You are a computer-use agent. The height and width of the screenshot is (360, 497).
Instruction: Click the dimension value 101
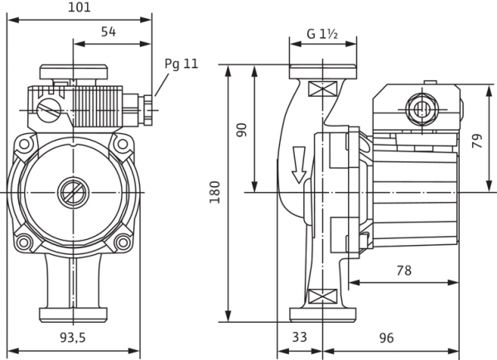79,7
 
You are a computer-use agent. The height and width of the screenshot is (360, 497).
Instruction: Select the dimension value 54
107,31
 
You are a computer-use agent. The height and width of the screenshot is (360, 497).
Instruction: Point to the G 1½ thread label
322,34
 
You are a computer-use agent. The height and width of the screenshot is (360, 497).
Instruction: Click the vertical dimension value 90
242,129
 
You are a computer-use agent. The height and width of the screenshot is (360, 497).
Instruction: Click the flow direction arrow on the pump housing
298,166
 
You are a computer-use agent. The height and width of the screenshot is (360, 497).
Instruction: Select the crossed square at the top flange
321,89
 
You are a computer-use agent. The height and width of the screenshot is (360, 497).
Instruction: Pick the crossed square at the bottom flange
321,296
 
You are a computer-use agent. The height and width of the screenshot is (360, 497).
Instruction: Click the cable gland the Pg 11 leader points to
147,107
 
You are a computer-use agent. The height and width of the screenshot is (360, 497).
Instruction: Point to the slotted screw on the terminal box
49,108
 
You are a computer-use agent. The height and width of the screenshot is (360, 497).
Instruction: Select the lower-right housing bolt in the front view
123,242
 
